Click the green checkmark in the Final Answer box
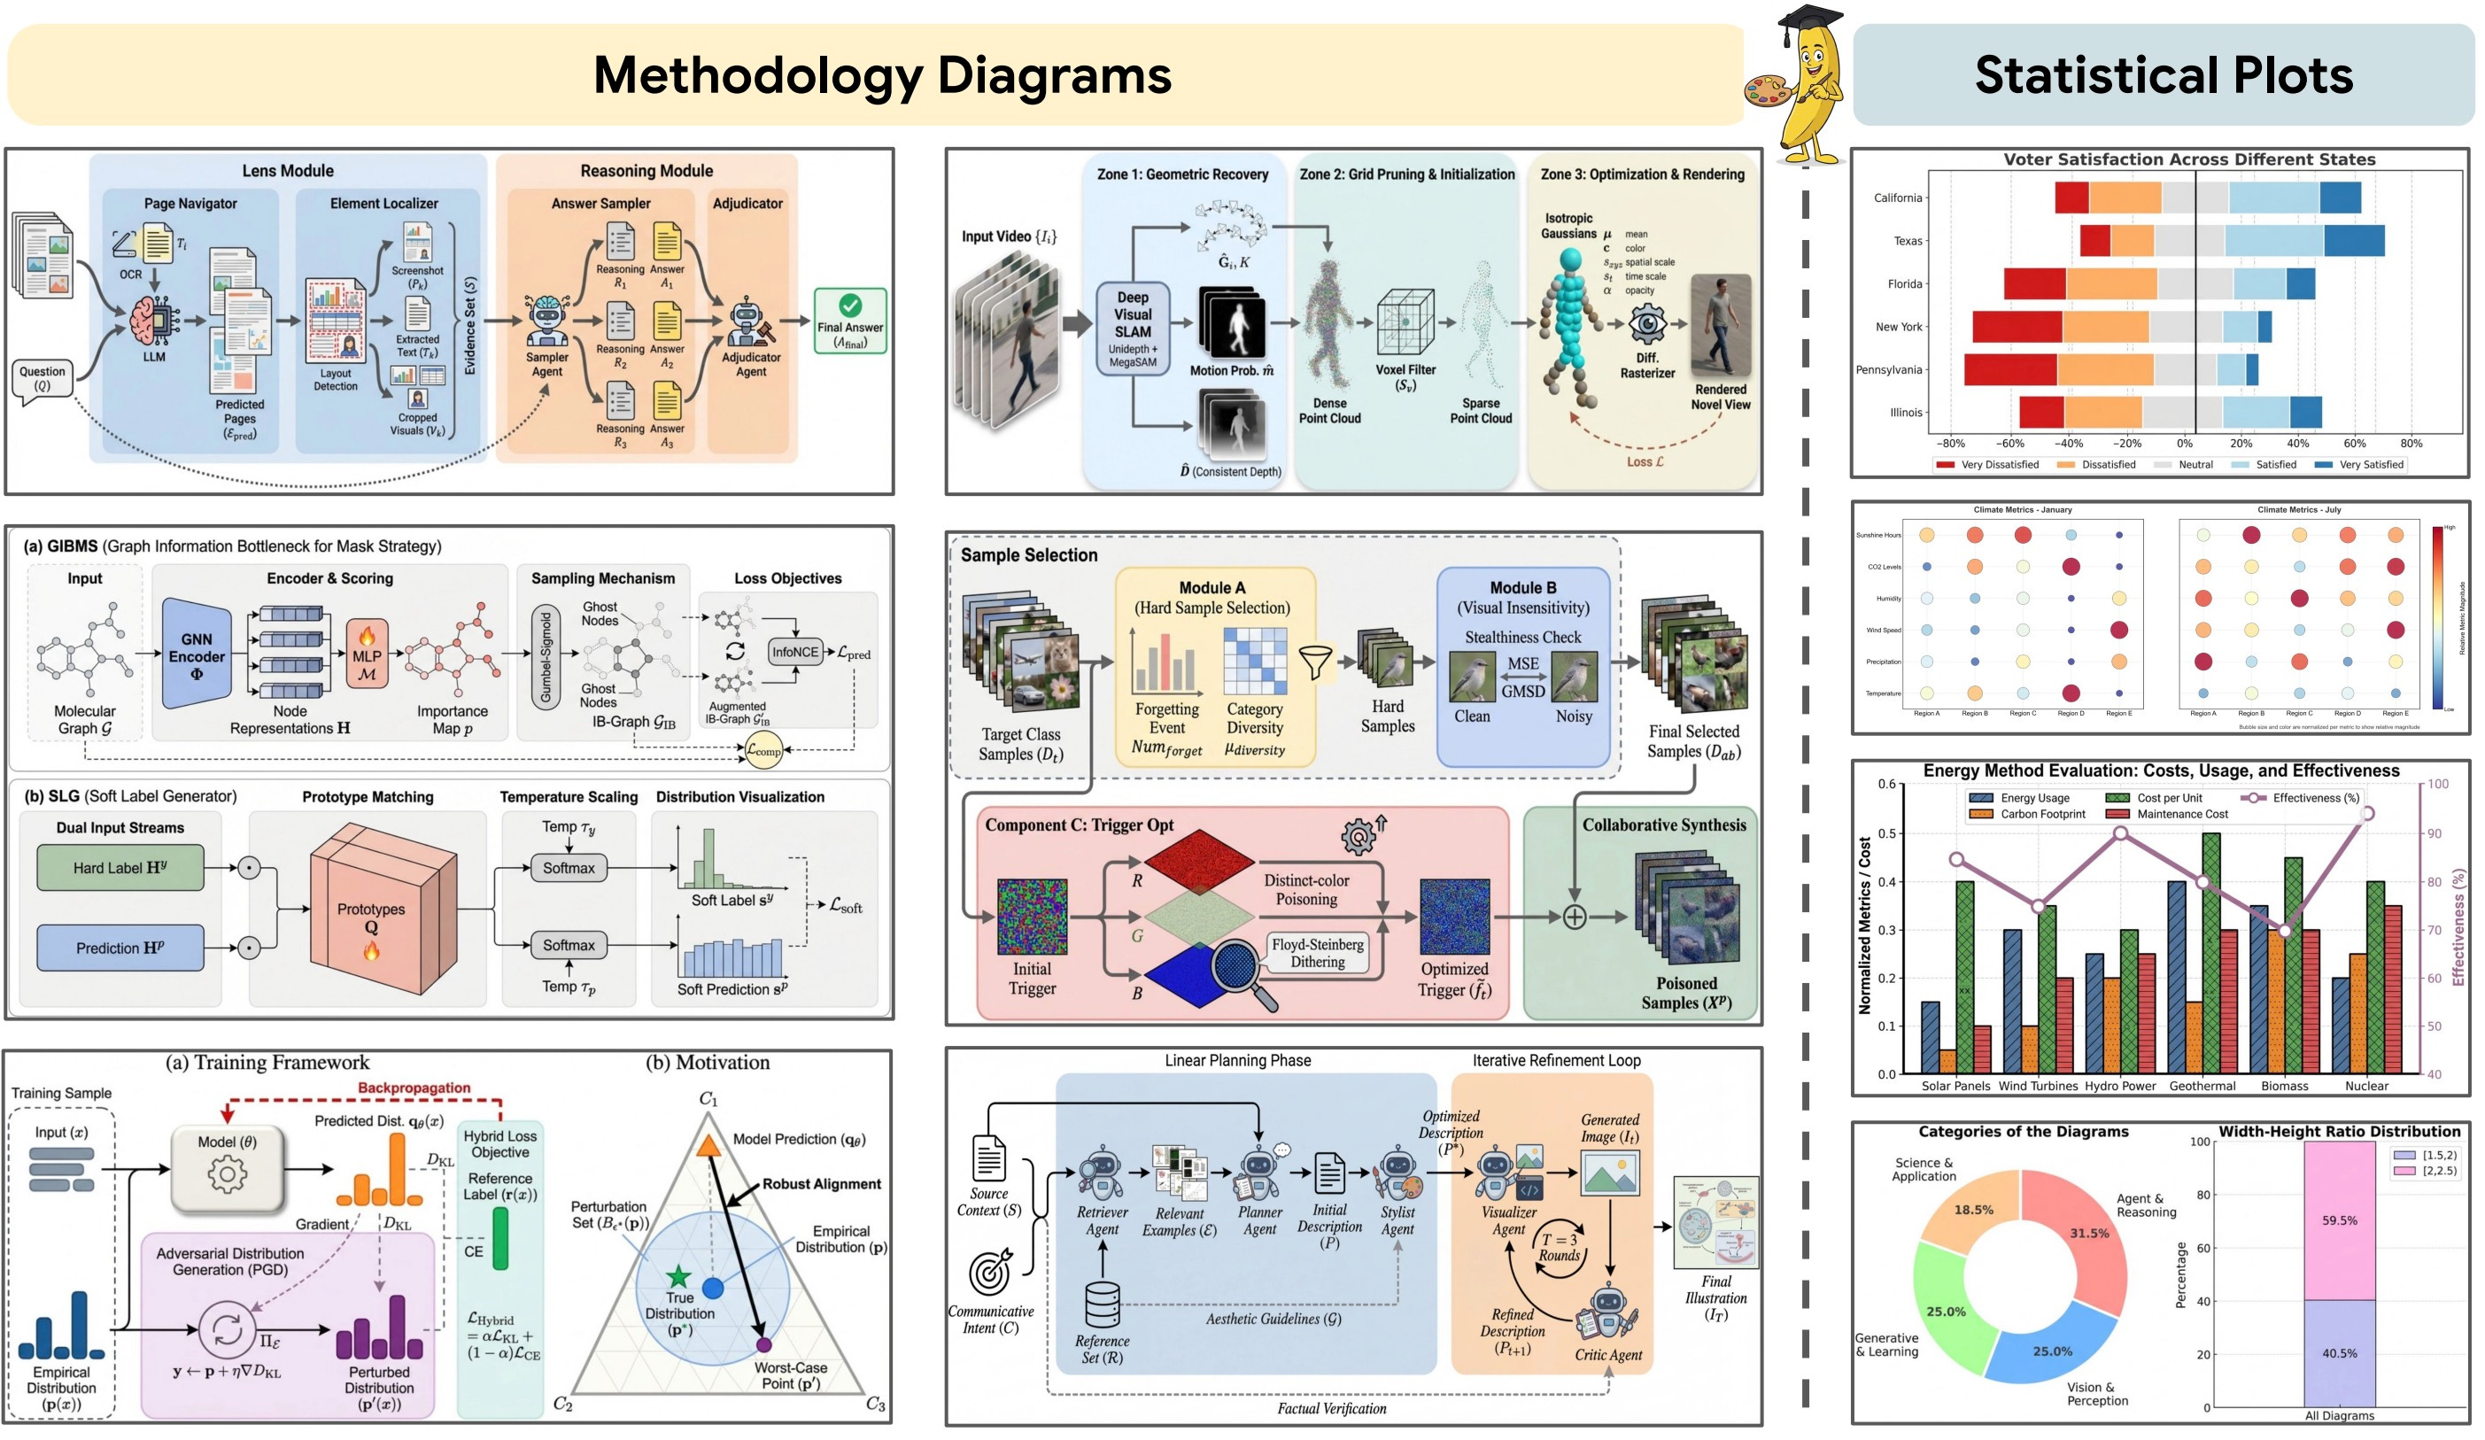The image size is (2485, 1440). click(x=849, y=306)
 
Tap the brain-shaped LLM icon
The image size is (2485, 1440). click(x=153, y=321)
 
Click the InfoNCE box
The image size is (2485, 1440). click(x=794, y=652)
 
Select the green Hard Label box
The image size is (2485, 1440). click(x=120, y=867)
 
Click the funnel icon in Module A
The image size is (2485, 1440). click(x=1314, y=662)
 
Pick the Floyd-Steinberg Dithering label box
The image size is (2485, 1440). click(x=1318, y=952)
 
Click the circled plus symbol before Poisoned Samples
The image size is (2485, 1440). click(x=1574, y=917)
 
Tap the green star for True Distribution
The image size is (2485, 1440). click(x=678, y=1276)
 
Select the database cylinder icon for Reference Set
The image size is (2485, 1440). click(x=1102, y=1304)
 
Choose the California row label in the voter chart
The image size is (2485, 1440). click(x=1897, y=197)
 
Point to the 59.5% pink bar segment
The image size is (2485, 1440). click(x=2339, y=1220)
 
